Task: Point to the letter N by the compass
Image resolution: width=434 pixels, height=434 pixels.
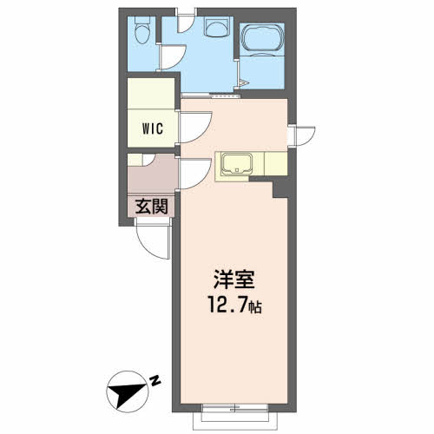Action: (x=154, y=378)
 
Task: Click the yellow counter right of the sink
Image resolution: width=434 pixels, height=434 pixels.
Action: (x=270, y=162)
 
